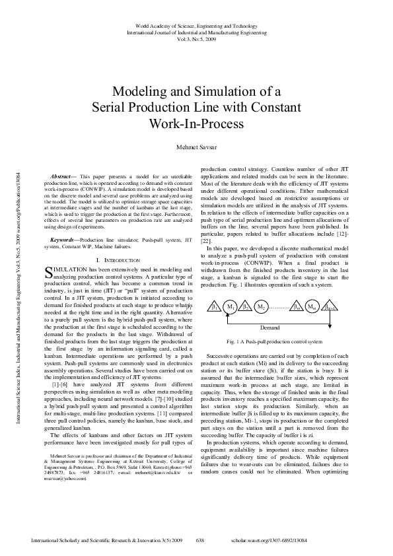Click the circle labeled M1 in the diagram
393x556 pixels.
tap(231, 308)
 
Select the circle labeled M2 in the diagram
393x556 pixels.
tap(261, 308)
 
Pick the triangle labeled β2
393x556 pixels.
tap(246, 307)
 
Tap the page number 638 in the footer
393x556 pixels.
tap(201, 540)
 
